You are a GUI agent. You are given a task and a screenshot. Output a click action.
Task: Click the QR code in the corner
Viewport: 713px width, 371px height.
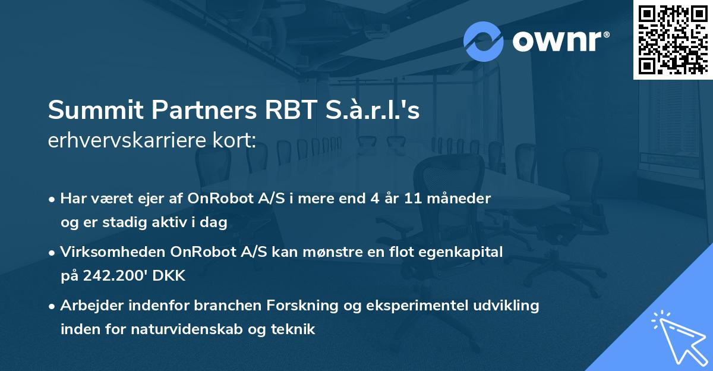(x=673, y=39)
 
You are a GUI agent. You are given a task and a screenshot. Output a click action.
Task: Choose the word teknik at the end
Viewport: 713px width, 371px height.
(x=295, y=329)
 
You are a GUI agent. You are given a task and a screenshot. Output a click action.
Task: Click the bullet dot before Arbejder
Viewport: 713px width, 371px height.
(x=53, y=306)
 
